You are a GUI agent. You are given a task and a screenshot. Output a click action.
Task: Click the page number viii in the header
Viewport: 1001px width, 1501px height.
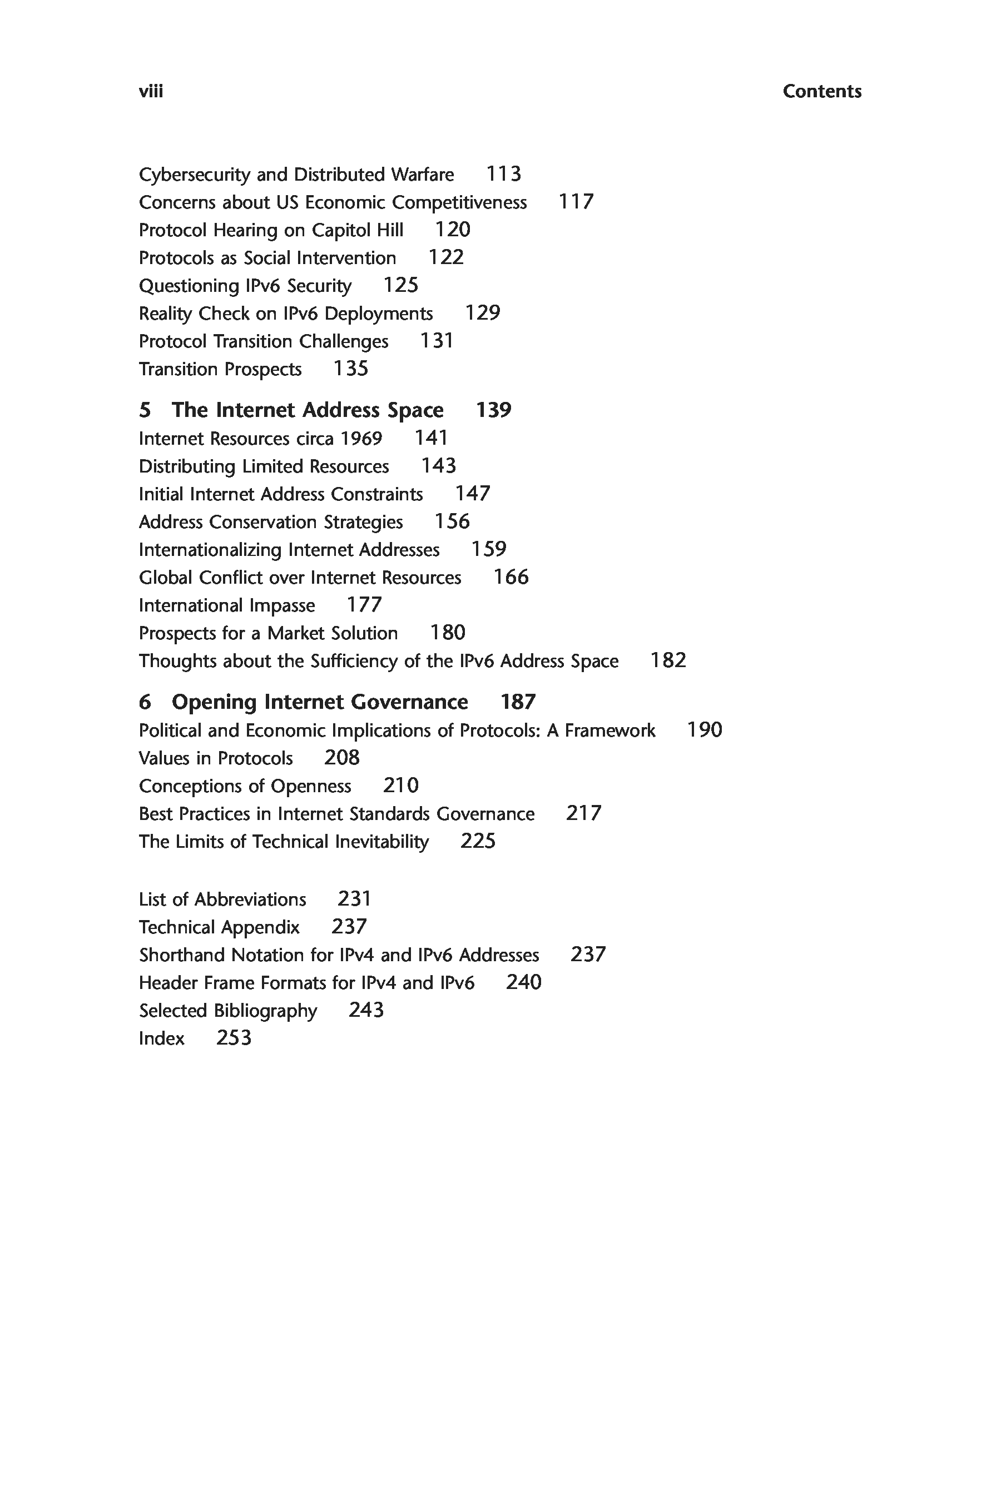[151, 91]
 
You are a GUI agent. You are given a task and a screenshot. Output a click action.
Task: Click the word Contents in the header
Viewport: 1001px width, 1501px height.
[821, 91]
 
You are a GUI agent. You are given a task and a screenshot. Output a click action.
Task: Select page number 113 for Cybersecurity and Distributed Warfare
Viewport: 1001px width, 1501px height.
[504, 173]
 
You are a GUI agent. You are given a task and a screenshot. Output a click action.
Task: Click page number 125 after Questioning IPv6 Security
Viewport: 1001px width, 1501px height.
[400, 285]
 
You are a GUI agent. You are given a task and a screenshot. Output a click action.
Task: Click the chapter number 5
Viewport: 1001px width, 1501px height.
[145, 410]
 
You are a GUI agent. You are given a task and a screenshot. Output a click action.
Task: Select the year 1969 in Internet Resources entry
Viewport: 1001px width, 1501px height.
[361, 439]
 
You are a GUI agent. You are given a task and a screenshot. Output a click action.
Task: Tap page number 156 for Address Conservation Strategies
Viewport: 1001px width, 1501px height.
[452, 521]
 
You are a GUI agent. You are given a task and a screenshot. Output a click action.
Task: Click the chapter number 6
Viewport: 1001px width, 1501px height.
[145, 702]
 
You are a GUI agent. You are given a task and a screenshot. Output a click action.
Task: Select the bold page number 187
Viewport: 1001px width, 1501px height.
[518, 702]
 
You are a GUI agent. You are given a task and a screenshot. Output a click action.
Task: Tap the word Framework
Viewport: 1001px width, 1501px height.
[609, 730]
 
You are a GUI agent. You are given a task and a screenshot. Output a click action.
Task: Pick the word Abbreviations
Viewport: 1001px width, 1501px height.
[250, 899]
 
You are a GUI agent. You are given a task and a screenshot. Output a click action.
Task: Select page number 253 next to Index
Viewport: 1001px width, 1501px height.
[234, 1038]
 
